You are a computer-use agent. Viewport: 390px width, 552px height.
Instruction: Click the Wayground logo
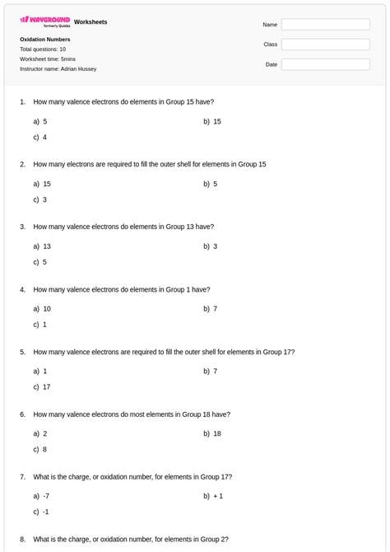point(44,21)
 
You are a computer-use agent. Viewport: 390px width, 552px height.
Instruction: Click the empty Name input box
point(325,25)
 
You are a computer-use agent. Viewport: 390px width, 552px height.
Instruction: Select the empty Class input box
point(325,44)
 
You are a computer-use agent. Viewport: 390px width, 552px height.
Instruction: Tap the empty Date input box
point(325,64)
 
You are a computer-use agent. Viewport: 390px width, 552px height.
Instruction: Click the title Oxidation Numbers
point(44,40)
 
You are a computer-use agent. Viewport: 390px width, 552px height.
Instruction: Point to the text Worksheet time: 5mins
point(48,59)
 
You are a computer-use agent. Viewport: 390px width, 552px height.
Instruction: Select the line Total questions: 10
point(43,49)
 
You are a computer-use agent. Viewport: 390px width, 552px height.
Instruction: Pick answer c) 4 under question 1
point(40,137)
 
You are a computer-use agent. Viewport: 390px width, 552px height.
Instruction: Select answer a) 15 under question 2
point(42,184)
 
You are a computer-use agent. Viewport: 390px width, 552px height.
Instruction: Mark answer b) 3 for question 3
point(211,246)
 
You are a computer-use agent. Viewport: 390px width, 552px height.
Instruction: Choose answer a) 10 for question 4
point(42,309)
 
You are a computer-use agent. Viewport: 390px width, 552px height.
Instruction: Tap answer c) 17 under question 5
point(42,386)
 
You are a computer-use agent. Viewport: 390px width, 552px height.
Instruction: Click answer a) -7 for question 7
point(42,496)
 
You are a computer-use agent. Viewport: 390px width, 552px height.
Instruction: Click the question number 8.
point(22,540)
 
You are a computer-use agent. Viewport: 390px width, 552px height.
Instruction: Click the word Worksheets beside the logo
point(91,21)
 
